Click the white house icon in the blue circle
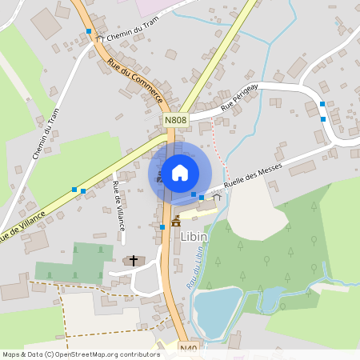(x=180, y=172)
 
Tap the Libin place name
(x=194, y=236)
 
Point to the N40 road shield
(x=188, y=349)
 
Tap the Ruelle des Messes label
(x=255, y=174)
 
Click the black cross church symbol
(x=133, y=261)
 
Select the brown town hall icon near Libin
(x=175, y=222)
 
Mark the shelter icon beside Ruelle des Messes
(x=216, y=196)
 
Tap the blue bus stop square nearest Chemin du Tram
(x=89, y=31)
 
